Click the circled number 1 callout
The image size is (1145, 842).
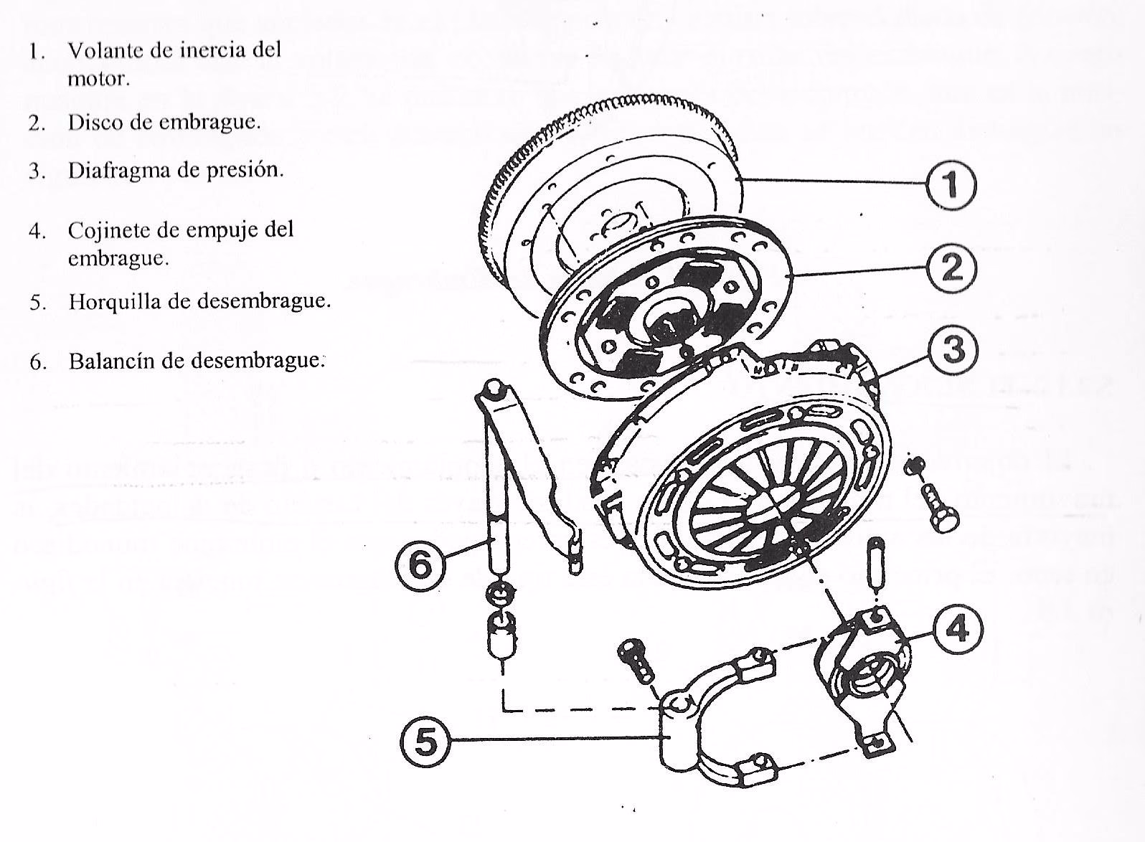click(x=951, y=185)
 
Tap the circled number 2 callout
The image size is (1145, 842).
click(x=951, y=268)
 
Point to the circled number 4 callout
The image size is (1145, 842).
click(x=957, y=629)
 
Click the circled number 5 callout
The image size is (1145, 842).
click(x=425, y=742)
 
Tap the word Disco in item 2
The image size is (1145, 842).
click(x=91, y=123)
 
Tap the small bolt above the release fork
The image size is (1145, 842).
click(x=636, y=661)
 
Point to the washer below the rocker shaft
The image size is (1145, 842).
click(x=500, y=593)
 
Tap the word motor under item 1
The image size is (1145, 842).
click(x=98, y=79)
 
